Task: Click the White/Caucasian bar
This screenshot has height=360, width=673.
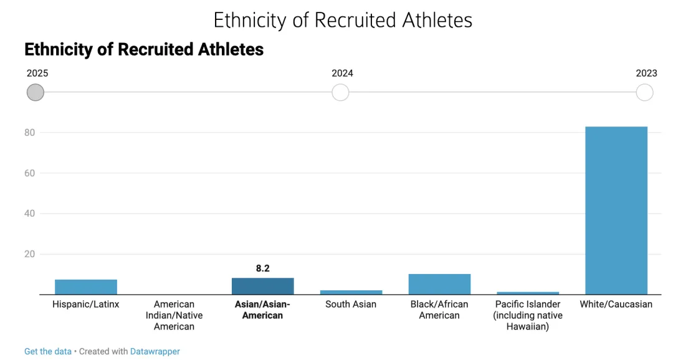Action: pos(616,210)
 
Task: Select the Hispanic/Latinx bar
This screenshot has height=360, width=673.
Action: pos(86,287)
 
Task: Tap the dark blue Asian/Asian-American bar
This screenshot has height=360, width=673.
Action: pos(262,286)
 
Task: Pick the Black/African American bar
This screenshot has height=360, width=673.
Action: pos(439,284)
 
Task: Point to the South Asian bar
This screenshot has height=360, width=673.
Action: pos(351,292)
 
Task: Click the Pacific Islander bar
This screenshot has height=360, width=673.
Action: pos(528,293)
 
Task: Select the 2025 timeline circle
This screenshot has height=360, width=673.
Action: pos(36,93)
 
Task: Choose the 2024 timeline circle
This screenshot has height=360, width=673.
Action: pos(340,93)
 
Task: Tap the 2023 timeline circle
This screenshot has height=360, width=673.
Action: pos(644,93)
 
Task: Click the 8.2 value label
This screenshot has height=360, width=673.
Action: pos(262,268)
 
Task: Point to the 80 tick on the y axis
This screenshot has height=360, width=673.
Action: pos(29,133)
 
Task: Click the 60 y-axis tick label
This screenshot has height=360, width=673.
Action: pos(29,173)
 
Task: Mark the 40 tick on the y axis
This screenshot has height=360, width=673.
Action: pos(29,214)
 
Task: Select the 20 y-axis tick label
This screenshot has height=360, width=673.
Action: pos(29,254)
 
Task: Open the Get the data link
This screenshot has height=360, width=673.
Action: pos(48,351)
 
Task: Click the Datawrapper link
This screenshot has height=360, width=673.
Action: pos(155,351)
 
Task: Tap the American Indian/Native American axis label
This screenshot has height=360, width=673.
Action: pos(174,315)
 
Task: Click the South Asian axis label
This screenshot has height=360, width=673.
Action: pos(351,305)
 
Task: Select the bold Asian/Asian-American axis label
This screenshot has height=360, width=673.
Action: pos(262,310)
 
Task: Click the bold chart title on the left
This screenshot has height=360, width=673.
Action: pos(144,49)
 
